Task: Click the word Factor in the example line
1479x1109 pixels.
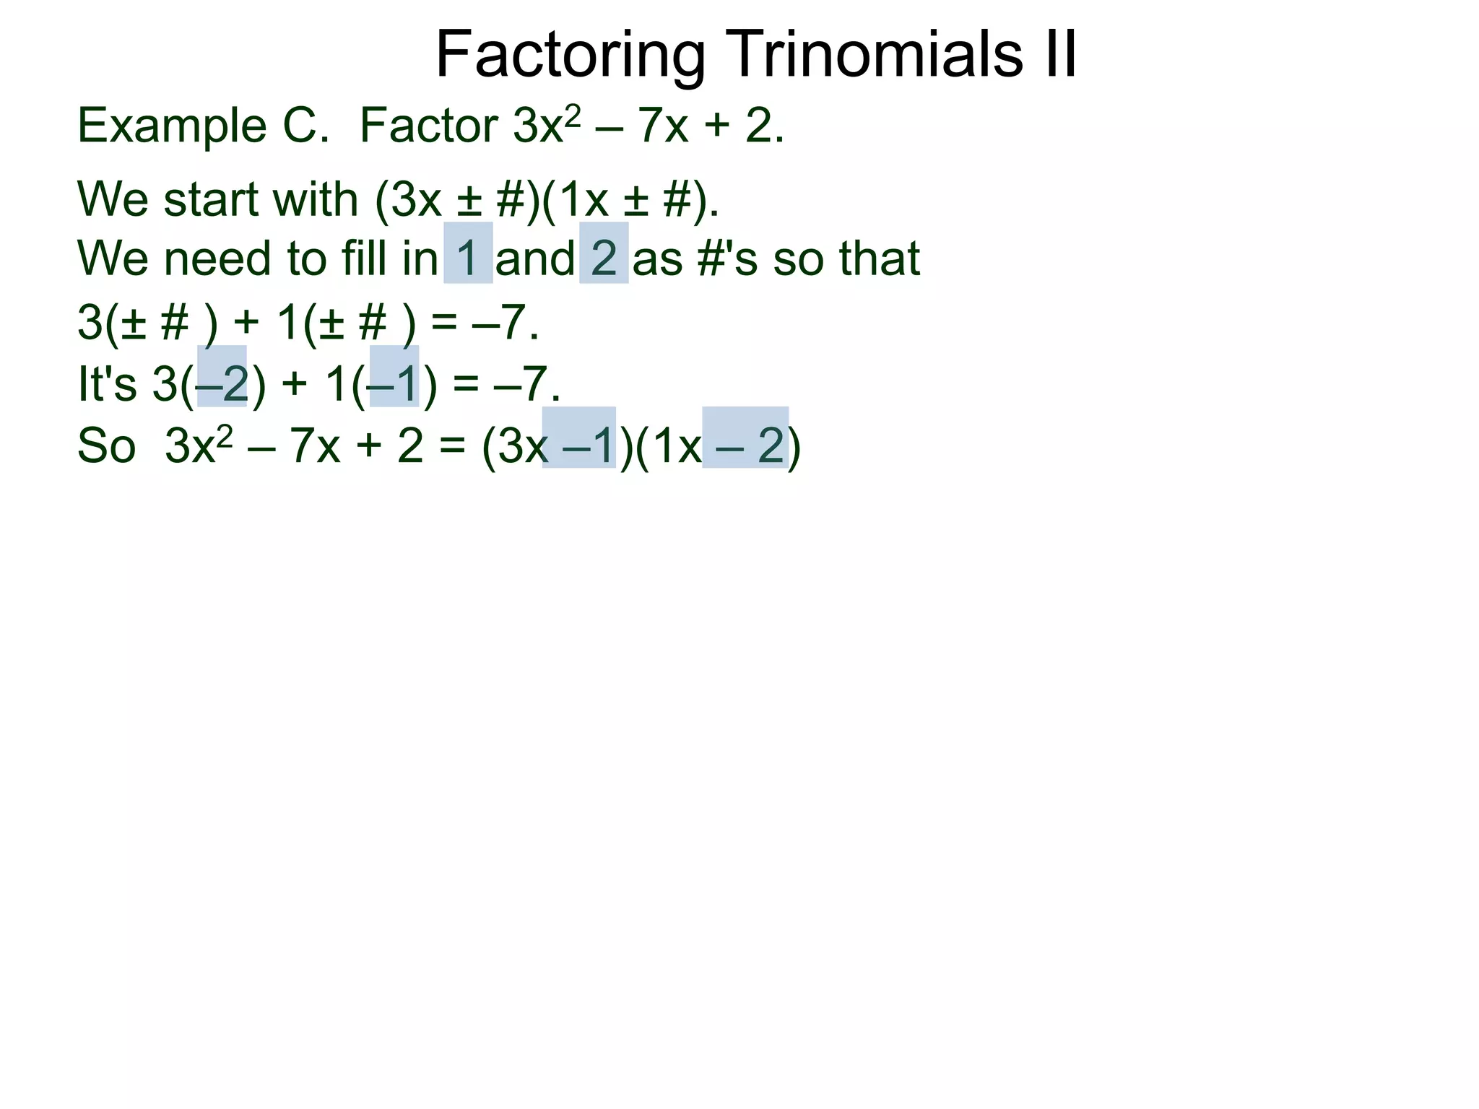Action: coord(429,126)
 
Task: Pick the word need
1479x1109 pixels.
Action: coord(218,258)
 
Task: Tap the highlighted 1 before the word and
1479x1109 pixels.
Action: coord(468,258)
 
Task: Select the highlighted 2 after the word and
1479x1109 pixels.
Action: coord(604,258)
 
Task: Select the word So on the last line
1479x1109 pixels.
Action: coord(106,445)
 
